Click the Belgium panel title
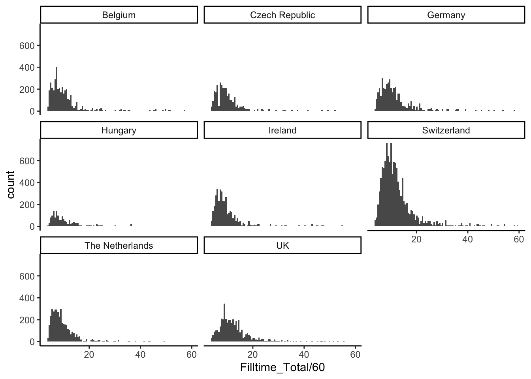(x=119, y=15)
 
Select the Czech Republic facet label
(x=282, y=15)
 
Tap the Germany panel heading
(x=446, y=15)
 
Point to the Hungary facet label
(x=119, y=130)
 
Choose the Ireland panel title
(x=282, y=130)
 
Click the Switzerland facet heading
(x=446, y=130)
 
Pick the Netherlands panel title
(x=119, y=246)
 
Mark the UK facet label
(x=282, y=246)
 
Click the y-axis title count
(x=11, y=184)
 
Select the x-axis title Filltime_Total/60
(x=282, y=368)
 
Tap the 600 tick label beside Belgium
(x=27, y=45)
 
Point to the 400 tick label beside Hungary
(x=27, y=183)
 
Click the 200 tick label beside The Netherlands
(x=27, y=320)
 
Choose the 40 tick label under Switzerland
(x=467, y=239)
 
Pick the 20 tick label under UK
(x=252, y=355)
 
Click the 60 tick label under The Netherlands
(x=191, y=355)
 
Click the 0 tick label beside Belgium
(x=32, y=111)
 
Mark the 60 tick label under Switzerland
(x=519, y=239)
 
